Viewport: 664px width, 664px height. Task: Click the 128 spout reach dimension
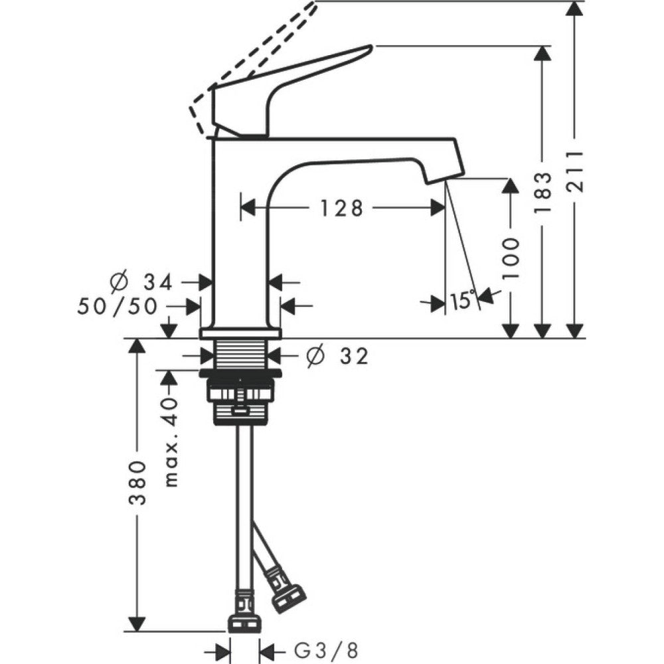[x=341, y=208]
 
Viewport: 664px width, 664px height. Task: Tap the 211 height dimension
[x=574, y=171]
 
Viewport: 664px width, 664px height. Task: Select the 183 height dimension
[x=542, y=193]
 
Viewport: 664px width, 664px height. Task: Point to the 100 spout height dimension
[x=511, y=258]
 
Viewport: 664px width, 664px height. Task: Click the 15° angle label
[x=461, y=300]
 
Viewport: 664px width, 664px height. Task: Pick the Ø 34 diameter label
[x=141, y=282]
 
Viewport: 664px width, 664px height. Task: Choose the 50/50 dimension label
[x=118, y=306]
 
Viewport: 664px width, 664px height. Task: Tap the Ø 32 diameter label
[x=337, y=357]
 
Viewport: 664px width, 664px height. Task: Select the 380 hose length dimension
[x=137, y=483]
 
